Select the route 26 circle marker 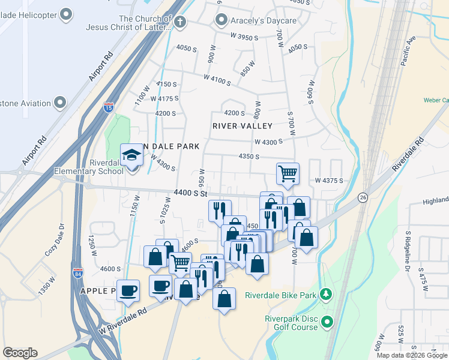pos(363,197)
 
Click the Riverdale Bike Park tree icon pos(326,295)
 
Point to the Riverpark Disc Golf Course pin pos(328,322)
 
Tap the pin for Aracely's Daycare pos(221,21)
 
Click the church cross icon pos(179,22)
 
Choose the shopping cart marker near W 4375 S pos(288,173)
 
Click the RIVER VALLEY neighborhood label pos(243,126)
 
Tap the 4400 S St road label pos(190,193)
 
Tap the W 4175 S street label pos(164,98)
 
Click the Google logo pos(20,353)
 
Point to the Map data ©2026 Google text pos(412,355)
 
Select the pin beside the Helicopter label pos(67,13)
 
